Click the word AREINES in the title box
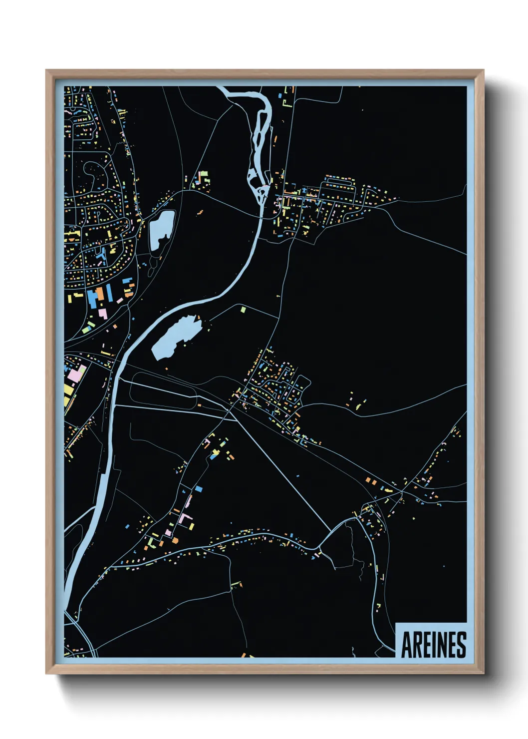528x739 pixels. click(x=433, y=645)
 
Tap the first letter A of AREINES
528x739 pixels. click(x=407, y=645)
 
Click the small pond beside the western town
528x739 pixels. click(x=161, y=228)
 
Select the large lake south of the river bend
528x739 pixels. click(x=176, y=337)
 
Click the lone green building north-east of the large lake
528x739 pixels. click(x=243, y=310)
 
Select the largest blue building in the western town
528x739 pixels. click(x=92, y=297)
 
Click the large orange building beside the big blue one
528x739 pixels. click(x=100, y=294)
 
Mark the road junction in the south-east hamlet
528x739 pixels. click(x=402, y=492)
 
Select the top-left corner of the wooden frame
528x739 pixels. click(x=47, y=71)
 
